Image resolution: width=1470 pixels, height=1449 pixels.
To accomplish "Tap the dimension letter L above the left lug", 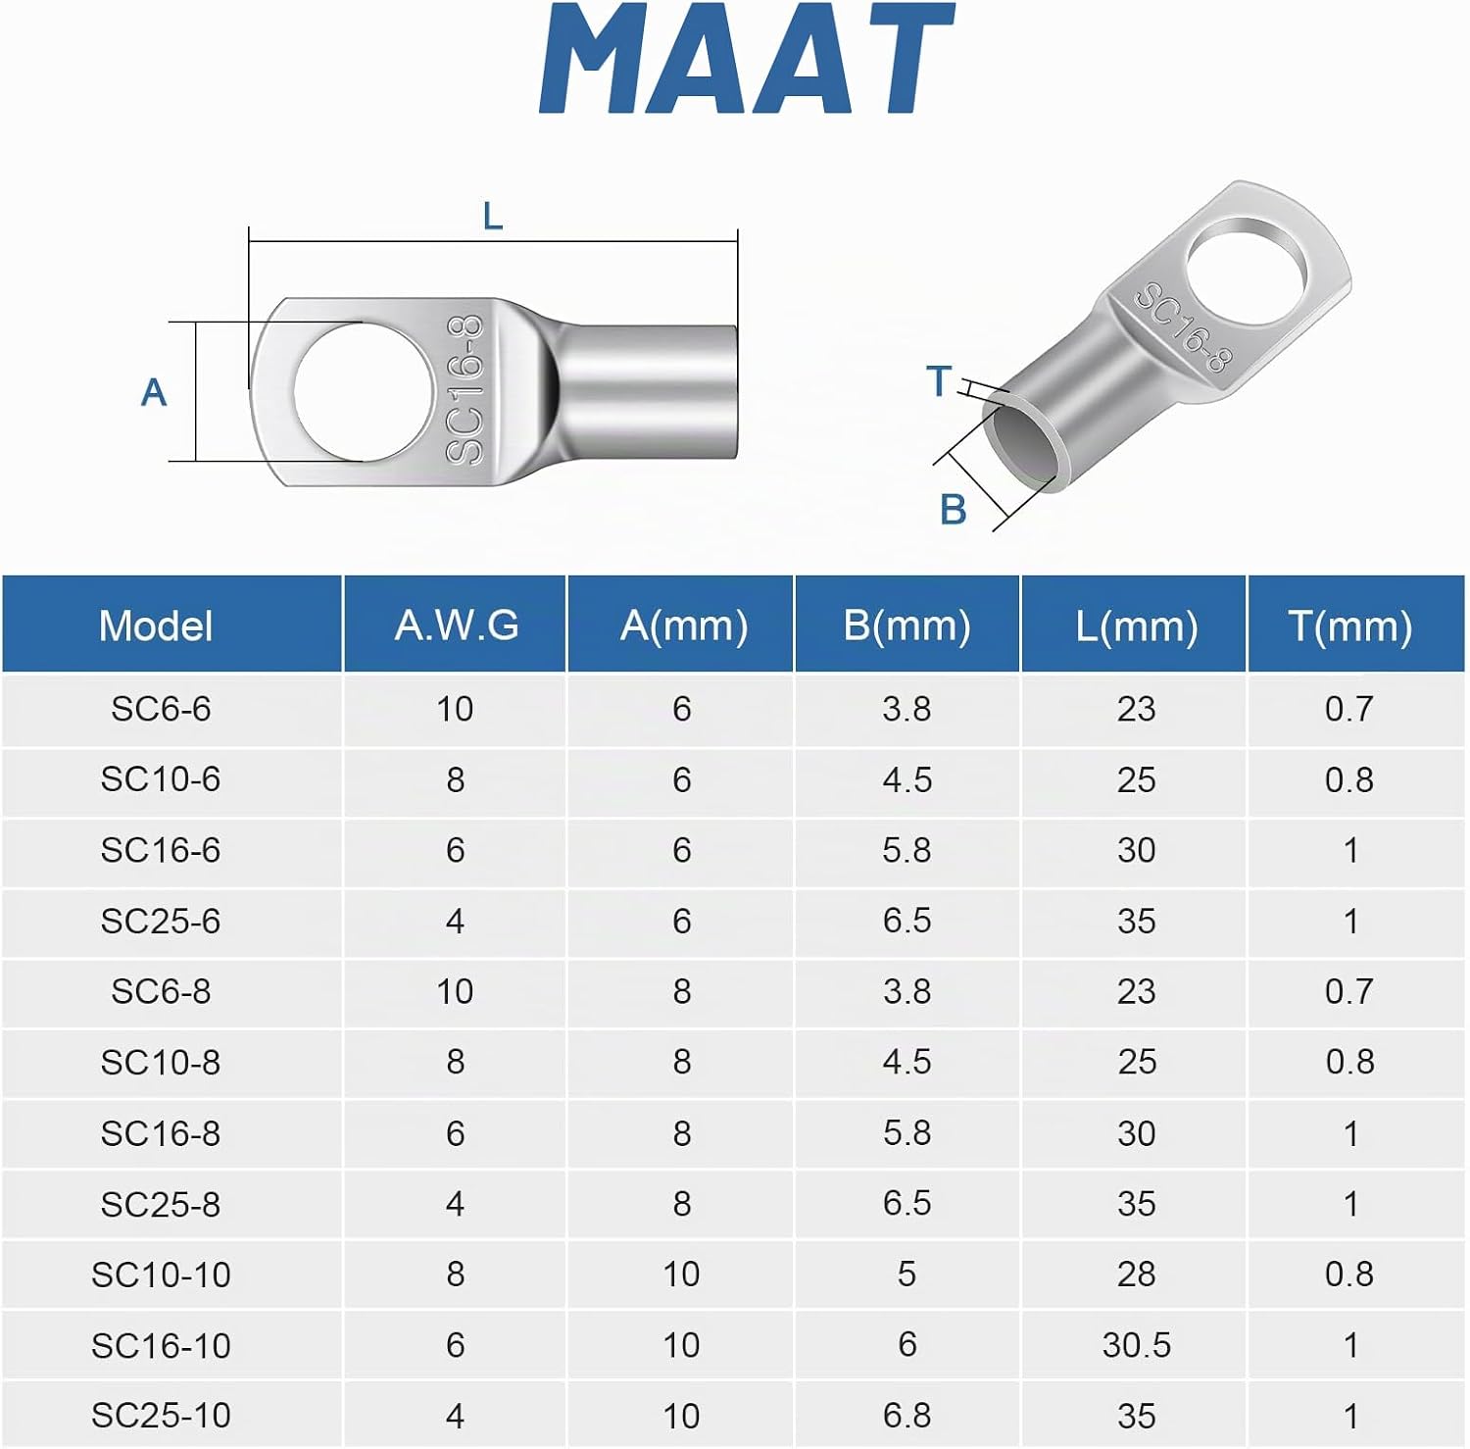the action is coord(493,217).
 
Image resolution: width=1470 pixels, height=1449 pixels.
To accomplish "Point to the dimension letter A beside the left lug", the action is coord(154,392).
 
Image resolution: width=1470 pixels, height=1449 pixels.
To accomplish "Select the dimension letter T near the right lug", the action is coord(939,380).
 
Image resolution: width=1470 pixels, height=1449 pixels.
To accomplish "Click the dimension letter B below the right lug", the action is coord(954,510).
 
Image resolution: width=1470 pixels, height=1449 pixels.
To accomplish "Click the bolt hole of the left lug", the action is coord(363,391).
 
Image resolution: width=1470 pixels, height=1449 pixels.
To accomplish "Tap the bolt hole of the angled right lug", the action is coord(1247,275).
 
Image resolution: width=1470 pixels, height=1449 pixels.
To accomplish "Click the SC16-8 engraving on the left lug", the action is coord(465,389).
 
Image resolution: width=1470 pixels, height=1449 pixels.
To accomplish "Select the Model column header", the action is coord(156,625).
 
